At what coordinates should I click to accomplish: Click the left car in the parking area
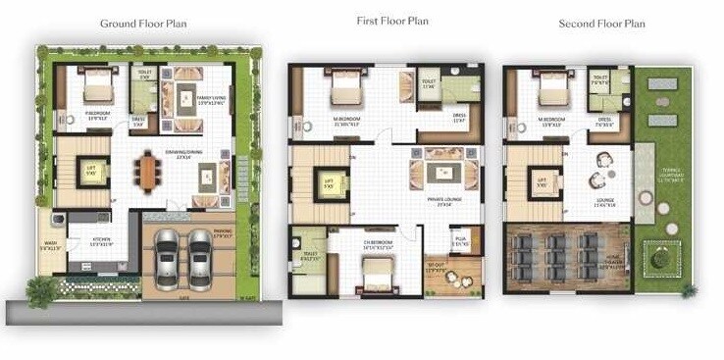[x=168, y=258]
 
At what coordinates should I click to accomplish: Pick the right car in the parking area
[x=201, y=258]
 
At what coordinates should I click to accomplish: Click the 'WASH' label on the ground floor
[x=49, y=244]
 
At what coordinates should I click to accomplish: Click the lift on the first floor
[x=330, y=182]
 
